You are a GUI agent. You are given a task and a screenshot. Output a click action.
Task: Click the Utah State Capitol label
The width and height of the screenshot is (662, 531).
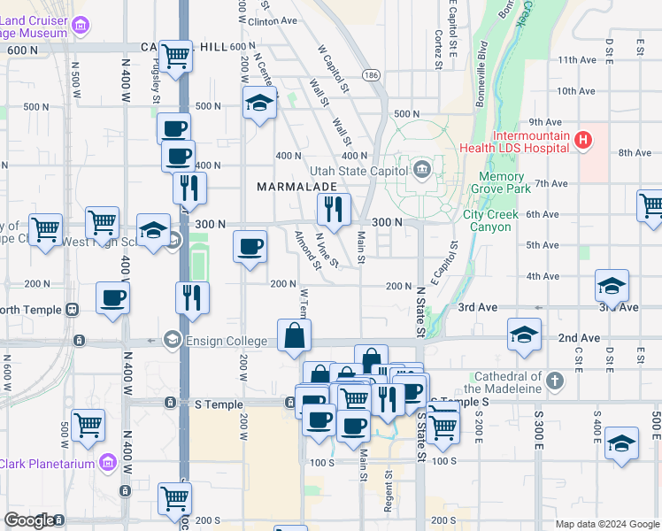click(x=358, y=171)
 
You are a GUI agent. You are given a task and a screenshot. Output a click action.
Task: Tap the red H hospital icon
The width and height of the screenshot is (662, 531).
click(x=582, y=139)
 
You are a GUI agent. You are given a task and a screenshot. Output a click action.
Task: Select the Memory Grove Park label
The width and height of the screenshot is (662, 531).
click(x=519, y=183)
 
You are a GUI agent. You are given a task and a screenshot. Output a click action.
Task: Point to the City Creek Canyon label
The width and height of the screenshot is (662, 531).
click(x=500, y=220)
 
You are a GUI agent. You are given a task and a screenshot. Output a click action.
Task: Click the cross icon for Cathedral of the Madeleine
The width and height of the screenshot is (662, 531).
click(x=555, y=381)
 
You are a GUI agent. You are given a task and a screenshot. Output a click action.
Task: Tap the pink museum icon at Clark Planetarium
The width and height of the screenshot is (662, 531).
click(x=107, y=461)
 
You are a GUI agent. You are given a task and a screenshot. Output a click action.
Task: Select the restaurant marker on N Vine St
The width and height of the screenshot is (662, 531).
click(x=334, y=210)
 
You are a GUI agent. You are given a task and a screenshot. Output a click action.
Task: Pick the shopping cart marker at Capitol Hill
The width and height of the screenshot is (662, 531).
click(x=177, y=56)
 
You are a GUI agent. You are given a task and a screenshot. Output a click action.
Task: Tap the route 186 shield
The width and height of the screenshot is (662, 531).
click(x=371, y=75)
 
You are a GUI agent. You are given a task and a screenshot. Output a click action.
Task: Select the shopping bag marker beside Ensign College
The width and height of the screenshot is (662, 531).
click(x=294, y=336)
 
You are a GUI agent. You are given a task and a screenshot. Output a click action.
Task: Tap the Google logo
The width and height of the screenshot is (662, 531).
click(x=29, y=520)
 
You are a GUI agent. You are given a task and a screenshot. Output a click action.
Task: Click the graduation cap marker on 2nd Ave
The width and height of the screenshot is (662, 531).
click(x=524, y=335)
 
